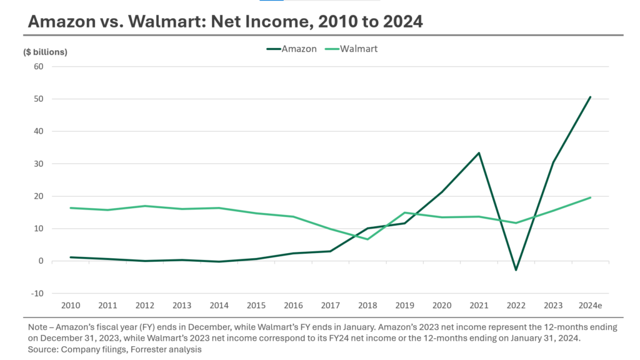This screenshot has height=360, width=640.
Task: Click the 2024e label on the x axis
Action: [x=590, y=305]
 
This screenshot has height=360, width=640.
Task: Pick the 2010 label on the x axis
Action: [x=70, y=305]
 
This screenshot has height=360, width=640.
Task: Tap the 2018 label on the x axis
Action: [x=367, y=305]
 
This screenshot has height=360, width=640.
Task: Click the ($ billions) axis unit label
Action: [x=45, y=52]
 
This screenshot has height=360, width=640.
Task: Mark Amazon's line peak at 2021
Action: [x=479, y=152]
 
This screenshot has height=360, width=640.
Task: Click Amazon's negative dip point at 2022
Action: [x=516, y=270]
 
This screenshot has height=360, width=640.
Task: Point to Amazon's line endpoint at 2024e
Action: [x=591, y=97]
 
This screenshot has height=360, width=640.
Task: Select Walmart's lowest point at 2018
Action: [x=367, y=239]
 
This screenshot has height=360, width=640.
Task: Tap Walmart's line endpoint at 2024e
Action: [x=591, y=197]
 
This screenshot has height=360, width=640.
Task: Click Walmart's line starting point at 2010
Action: [x=71, y=208]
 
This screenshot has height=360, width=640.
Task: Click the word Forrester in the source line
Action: [x=145, y=350]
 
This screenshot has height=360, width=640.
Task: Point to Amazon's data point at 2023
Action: [x=553, y=162]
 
